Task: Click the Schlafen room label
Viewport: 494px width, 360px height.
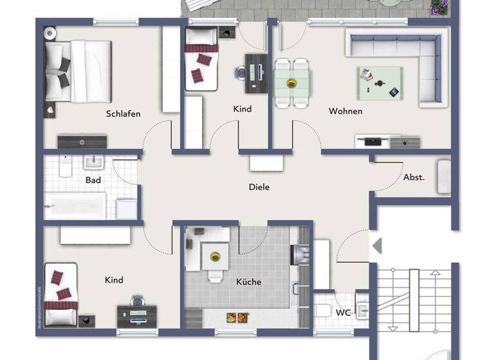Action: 123,114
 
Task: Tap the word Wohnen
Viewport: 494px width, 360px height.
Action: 345,111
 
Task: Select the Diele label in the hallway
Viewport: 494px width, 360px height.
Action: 259,188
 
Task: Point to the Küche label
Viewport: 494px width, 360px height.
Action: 248,282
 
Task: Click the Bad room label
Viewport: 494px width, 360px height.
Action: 93,180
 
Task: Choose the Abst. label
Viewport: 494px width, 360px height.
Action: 414,177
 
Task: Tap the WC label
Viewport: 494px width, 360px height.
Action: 344,312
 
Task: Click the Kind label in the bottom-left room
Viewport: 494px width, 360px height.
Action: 113,280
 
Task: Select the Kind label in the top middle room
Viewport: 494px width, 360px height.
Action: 242,109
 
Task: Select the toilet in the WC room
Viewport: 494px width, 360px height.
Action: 324,311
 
